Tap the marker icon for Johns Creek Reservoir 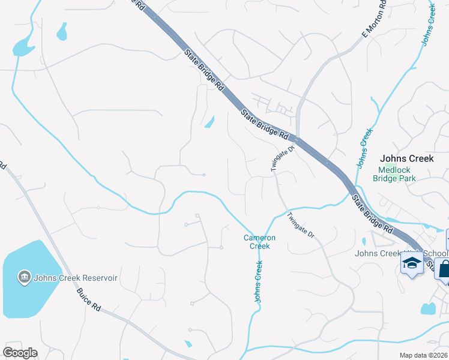coord(25,277)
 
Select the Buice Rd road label coord(88,298)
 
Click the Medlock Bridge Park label coord(394,174)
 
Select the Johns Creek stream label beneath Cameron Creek coord(259,281)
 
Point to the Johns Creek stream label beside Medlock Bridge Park coord(364,148)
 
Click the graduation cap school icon coord(412,263)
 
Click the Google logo coord(20,353)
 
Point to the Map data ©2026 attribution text coord(423,355)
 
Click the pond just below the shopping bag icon coord(427,309)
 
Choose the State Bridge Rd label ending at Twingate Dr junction coord(265,123)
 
